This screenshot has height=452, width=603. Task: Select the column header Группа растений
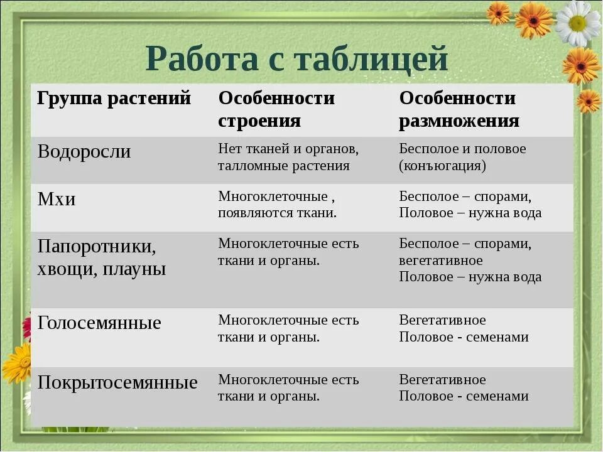click(114, 99)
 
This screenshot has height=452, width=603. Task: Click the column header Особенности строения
click(276, 109)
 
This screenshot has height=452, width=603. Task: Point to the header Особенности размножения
click(459, 109)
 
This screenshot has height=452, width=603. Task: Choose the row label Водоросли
click(84, 152)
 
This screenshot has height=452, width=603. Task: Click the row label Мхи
click(57, 200)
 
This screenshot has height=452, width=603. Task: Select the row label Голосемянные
click(99, 323)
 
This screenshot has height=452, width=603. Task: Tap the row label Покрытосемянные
click(117, 383)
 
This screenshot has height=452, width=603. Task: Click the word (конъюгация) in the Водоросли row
click(442, 166)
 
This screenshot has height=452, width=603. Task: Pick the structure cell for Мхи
click(277, 205)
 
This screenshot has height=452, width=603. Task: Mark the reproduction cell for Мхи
click(470, 205)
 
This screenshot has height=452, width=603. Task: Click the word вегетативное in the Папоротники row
click(441, 260)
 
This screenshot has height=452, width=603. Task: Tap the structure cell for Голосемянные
click(288, 328)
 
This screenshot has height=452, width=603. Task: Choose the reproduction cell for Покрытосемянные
click(464, 388)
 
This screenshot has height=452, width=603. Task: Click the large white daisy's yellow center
click(577, 23)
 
